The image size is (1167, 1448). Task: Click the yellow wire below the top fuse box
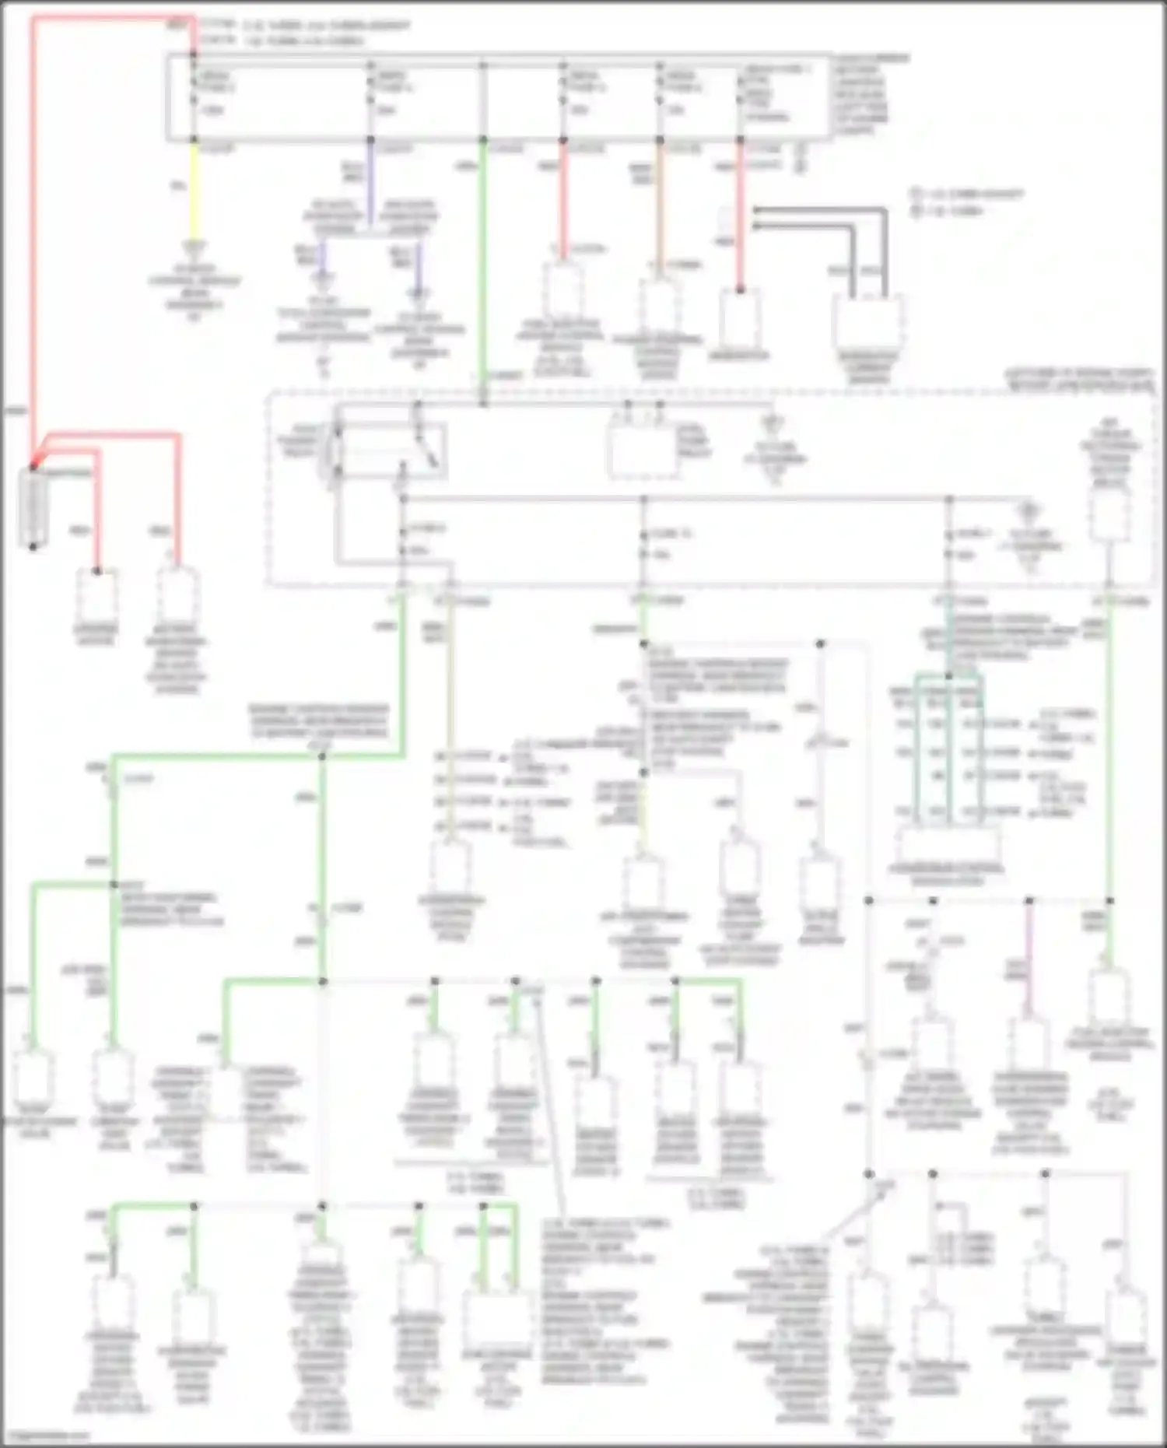coord(194,195)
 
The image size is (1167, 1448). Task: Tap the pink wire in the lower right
coord(1029,965)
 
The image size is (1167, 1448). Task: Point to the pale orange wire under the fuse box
coord(660,210)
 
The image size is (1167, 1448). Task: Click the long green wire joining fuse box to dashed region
coord(483,265)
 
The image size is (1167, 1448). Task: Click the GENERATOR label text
coord(739,356)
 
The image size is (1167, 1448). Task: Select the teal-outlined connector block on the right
coord(948,747)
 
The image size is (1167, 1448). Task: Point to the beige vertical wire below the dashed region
coord(450,716)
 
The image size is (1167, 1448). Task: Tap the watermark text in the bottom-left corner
coord(47,1436)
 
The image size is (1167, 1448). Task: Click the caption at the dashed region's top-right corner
coord(1081,380)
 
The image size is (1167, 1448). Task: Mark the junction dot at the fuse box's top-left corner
coord(194,54)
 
